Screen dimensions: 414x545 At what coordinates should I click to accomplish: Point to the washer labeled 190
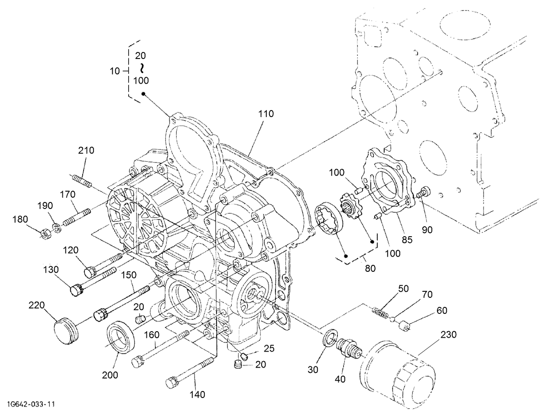[x=57, y=227]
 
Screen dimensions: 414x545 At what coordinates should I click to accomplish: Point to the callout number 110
[x=266, y=114]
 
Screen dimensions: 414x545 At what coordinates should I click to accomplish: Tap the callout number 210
[x=86, y=150]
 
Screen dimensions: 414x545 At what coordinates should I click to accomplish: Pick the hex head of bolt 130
[x=77, y=289]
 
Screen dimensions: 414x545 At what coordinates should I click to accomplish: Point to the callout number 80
[x=370, y=269]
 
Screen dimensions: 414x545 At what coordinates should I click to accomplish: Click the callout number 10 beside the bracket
[x=115, y=71]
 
